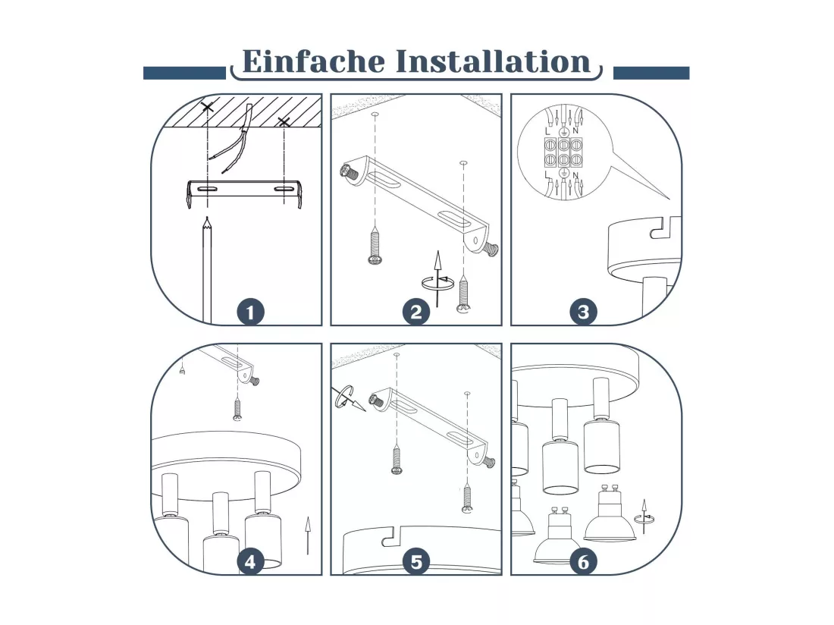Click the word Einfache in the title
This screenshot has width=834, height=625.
click(x=313, y=61)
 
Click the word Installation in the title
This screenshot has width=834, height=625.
click(x=494, y=61)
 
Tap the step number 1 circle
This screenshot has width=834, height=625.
click(x=250, y=312)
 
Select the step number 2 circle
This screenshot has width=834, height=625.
click(x=416, y=312)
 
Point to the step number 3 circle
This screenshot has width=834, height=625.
click(x=584, y=312)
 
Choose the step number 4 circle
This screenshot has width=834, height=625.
click(x=250, y=562)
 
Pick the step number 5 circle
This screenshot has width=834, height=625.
click(x=416, y=562)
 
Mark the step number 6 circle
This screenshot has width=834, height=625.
click(x=584, y=562)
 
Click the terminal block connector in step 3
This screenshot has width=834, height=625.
click(x=563, y=152)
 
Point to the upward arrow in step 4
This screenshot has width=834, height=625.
click(x=307, y=535)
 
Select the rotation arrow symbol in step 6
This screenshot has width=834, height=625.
click(x=644, y=517)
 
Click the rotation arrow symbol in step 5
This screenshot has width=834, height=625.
click(x=349, y=398)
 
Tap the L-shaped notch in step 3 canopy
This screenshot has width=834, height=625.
click(x=665, y=227)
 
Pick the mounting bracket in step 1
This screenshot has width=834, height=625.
click(x=245, y=193)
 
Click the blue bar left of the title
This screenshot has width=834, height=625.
click(x=184, y=74)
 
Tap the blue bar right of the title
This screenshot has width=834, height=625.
click(x=651, y=74)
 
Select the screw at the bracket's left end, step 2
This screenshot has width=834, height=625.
click(x=349, y=173)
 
